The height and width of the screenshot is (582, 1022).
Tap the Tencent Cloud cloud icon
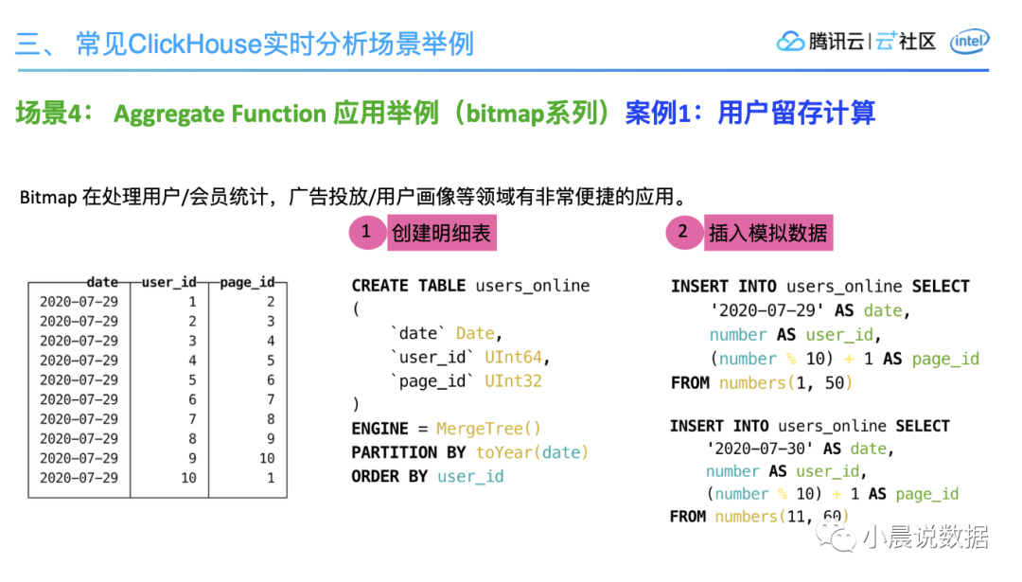pos(790,42)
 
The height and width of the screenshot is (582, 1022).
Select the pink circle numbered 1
pos(366,232)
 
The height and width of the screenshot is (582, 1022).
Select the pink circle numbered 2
pos(683,232)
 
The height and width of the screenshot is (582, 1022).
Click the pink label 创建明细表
pos(441,233)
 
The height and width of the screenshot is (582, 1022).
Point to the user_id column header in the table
pos(168,282)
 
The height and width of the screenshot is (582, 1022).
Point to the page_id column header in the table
pos(247,282)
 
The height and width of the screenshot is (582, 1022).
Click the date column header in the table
pos(102,282)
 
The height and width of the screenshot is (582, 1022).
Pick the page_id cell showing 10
pos(267,458)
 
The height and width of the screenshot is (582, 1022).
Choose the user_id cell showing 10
pos(188,478)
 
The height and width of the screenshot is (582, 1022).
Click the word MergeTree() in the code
pos(488,429)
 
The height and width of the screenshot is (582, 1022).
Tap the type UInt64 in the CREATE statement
pos(517,358)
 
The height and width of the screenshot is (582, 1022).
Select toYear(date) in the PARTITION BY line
pos(532,452)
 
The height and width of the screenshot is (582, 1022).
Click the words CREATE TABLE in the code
pos(409,286)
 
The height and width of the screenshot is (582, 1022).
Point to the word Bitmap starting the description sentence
pos(48,198)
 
